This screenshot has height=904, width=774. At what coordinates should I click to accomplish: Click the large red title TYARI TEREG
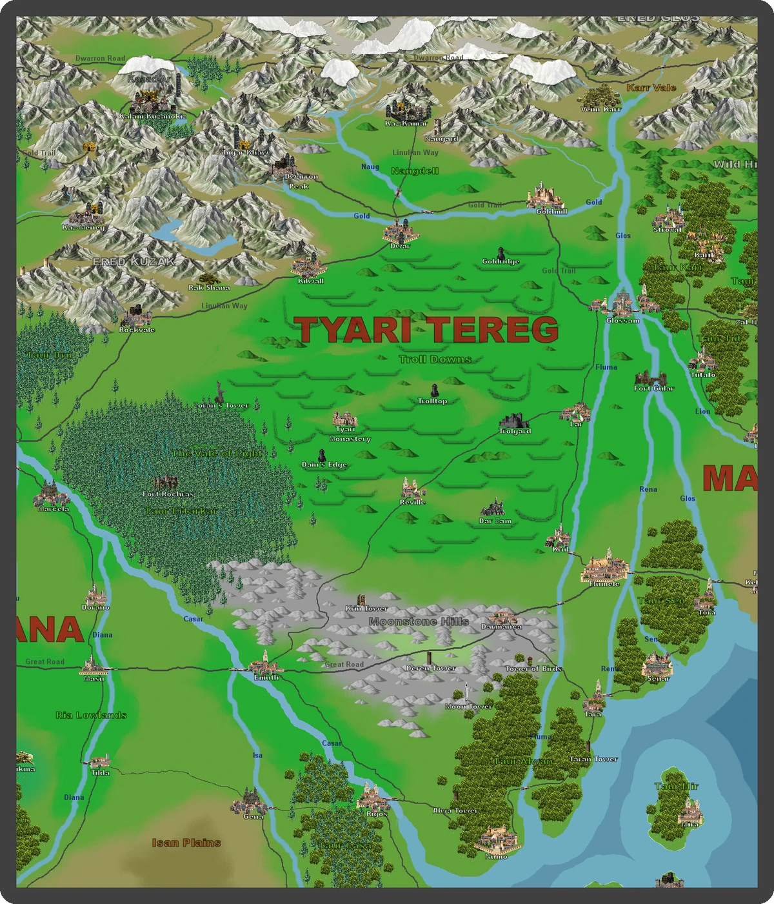click(426, 330)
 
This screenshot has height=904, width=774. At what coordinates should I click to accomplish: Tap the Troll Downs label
click(435, 359)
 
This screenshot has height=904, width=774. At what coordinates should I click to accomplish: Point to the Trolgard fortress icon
click(514, 421)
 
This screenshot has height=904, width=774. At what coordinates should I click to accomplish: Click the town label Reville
click(412, 502)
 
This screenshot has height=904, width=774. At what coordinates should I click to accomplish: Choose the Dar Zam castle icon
click(493, 508)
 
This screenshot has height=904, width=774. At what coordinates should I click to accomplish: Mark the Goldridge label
click(501, 261)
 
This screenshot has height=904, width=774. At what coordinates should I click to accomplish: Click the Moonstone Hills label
click(419, 621)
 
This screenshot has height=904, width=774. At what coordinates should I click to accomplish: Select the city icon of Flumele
click(605, 567)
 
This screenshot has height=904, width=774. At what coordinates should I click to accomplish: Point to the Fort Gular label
click(653, 388)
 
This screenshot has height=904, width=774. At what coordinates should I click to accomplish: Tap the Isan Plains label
click(186, 843)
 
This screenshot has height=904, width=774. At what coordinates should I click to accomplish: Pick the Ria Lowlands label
click(91, 715)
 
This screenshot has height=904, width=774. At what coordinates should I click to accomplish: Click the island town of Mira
click(690, 810)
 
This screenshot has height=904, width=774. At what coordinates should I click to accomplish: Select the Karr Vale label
click(651, 88)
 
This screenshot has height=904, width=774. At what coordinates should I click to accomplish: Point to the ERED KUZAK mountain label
click(133, 261)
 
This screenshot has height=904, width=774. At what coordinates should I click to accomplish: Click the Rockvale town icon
click(135, 317)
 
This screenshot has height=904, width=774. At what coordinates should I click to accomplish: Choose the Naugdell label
click(415, 171)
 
